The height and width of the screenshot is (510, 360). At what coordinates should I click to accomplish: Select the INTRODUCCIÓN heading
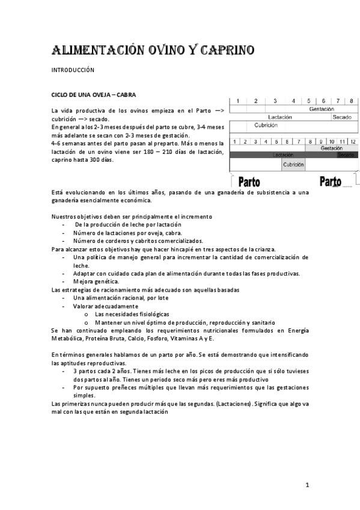[x=73, y=70]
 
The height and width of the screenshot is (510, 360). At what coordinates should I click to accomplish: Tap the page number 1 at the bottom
[x=307, y=485]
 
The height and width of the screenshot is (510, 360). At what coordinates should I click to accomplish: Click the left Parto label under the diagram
[x=249, y=182]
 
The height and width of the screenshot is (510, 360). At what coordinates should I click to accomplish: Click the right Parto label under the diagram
[x=330, y=182]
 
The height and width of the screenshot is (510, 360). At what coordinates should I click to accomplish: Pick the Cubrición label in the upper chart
[x=266, y=126]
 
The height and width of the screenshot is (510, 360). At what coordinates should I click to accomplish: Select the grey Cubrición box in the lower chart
[x=293, y=164]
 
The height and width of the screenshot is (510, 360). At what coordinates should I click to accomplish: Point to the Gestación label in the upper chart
[x=322, y=109]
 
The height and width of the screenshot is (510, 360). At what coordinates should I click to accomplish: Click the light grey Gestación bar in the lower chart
[x=332, y=148]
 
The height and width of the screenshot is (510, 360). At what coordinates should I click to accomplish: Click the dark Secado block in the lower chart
[x=346, y=155]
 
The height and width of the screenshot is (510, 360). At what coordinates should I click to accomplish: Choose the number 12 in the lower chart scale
[x=353, y=141]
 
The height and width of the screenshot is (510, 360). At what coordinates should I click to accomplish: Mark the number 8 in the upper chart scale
[x=352, y=101]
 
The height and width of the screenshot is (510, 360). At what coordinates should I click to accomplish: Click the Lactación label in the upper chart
[x=280, y=117]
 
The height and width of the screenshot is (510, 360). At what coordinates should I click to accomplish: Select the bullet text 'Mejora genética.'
[x=96, y=281]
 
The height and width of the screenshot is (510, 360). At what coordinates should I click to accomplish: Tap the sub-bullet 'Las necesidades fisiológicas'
[x=132, y=314]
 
